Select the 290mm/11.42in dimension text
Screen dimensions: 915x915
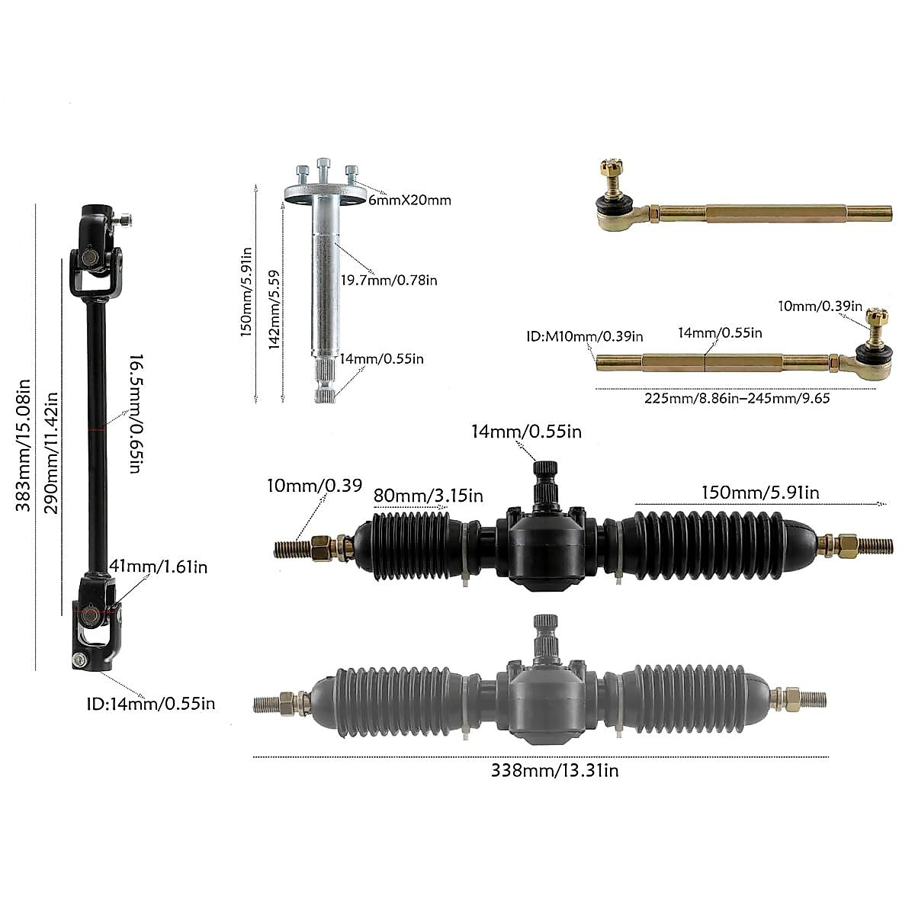(x=51, y=453)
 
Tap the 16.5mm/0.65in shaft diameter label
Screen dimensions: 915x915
(x=133, y=413)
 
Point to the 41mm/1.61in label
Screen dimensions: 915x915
(x=159, y=567)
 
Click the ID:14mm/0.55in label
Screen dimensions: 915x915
(x=150, y=703)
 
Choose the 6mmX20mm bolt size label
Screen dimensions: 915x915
(x=409, y=201)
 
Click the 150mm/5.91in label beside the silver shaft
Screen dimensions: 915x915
(x=246, y=294)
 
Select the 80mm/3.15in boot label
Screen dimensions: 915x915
(x=429, y=496)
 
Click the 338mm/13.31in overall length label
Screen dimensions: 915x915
(x=555, y=771)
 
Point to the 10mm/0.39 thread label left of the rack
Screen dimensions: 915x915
(x=314, y=486)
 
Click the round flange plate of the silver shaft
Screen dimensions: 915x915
(x=323, y=194)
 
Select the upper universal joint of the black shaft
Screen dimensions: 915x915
(x=97, y=255)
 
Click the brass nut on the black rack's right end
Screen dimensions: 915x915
(x=846, y=545)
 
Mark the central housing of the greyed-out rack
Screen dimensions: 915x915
(x=544, y=698)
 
